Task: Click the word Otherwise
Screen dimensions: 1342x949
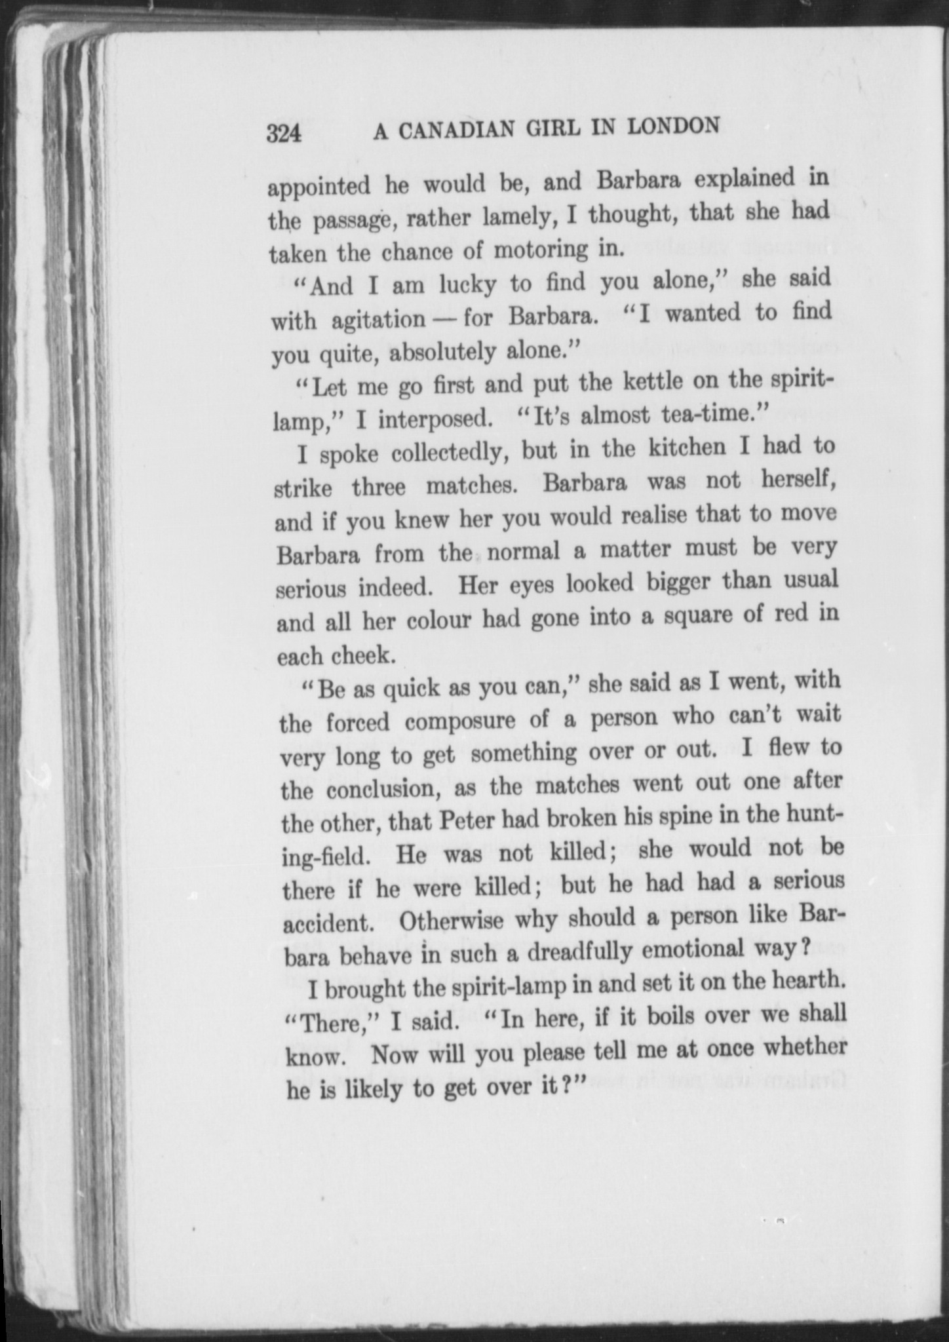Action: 451,921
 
